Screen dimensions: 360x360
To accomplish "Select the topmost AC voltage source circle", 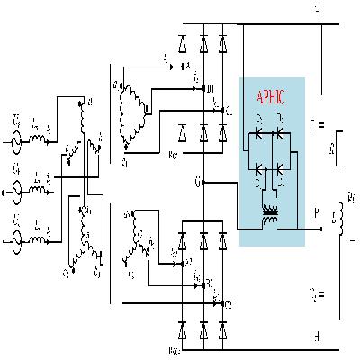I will coord(17,141).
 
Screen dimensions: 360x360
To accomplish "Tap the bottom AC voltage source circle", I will coord(17,238).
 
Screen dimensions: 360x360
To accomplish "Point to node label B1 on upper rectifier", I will coord(210,88).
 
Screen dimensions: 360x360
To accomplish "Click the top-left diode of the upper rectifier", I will coord(184,41).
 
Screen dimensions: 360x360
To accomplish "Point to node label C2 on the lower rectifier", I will coord(229,303).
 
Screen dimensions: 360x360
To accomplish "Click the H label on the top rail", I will coord(317,12).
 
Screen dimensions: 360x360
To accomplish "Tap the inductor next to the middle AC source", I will coord(37,190).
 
